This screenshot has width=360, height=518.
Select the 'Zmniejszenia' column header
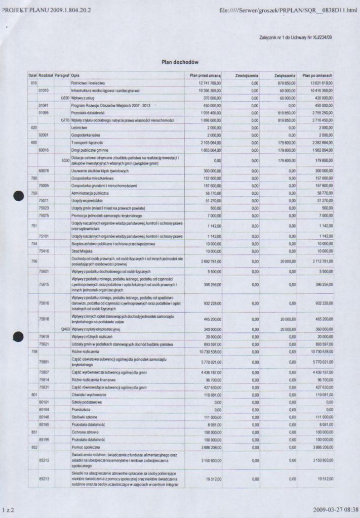coord(247,75)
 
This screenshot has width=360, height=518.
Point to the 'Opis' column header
coord(75,75)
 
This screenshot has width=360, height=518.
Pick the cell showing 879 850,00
coord(286,82)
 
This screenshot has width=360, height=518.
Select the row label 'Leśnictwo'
coord(80,128)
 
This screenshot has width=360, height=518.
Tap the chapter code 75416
coord(44,251)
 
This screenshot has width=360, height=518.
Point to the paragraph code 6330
coord(65,160)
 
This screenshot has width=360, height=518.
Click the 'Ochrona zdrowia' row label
coord(85,432)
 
